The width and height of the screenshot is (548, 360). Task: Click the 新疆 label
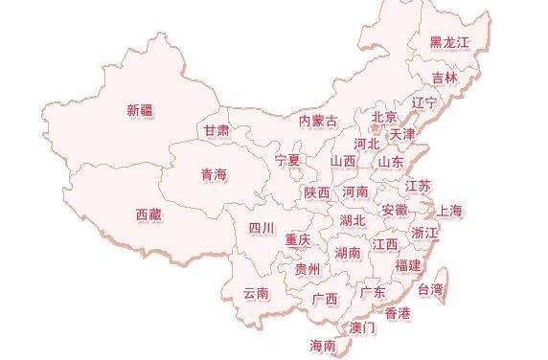140,110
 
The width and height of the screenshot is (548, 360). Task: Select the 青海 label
214,174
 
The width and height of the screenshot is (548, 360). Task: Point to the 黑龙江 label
448,42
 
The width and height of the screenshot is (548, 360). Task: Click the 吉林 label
445,78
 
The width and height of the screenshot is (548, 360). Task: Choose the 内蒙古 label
318,122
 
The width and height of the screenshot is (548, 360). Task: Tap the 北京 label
383,117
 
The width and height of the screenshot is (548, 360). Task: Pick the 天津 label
402,134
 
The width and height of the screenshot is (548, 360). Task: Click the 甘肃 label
217,129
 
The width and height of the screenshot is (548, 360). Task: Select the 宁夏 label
287,159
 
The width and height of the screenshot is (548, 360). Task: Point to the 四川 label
262,228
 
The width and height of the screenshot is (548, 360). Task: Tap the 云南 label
256,292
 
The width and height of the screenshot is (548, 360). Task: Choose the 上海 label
449,211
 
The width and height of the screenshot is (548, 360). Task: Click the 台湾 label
431,288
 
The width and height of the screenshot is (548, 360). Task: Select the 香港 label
398,313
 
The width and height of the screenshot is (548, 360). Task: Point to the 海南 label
323,345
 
